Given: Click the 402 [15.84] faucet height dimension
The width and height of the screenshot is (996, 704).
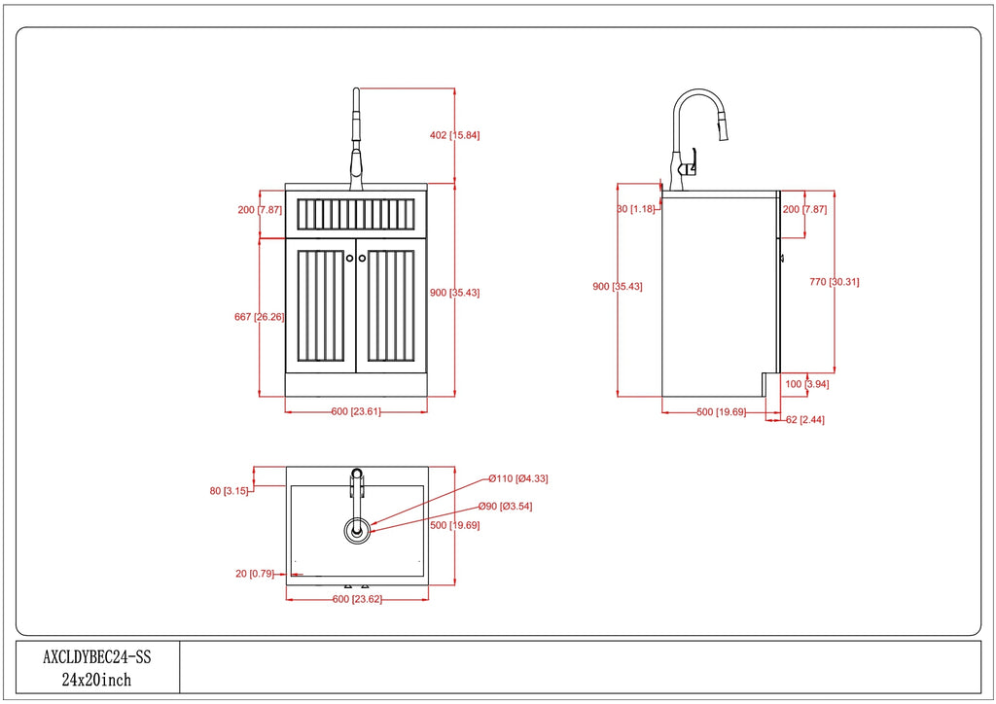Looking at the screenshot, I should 455,135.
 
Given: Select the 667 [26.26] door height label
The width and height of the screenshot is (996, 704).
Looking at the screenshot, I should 258,317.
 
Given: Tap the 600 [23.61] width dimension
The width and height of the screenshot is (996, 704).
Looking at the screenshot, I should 356,411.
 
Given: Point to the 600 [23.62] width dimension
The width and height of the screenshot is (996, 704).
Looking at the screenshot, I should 357,599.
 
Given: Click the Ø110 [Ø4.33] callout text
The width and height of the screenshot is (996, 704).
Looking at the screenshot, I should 518,478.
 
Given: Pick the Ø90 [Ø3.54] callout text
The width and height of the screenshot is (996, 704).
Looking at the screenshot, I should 505,507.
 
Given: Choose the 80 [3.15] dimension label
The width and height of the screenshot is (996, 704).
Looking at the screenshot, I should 231,491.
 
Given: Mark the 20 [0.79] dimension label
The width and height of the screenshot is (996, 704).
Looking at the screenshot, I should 255,574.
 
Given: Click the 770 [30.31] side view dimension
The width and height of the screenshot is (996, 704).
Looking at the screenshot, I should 835,282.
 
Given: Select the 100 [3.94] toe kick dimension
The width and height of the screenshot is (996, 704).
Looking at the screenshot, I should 806,384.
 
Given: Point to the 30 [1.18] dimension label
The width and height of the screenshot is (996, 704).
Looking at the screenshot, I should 635,209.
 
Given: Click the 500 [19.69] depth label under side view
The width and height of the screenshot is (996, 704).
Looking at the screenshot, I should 721,411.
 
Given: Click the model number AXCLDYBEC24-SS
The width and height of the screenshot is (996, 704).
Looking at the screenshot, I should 97,657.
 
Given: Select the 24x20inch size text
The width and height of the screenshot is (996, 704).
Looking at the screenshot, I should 97,680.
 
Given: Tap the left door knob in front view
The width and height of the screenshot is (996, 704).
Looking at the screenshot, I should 350,258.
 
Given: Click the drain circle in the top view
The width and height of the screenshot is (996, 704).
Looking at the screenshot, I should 357,530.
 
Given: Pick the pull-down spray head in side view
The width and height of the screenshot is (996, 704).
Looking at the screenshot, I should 723,127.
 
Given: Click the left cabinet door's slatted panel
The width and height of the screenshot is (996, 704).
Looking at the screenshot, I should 320,305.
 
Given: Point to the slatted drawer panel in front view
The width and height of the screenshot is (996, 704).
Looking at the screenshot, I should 355,213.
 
